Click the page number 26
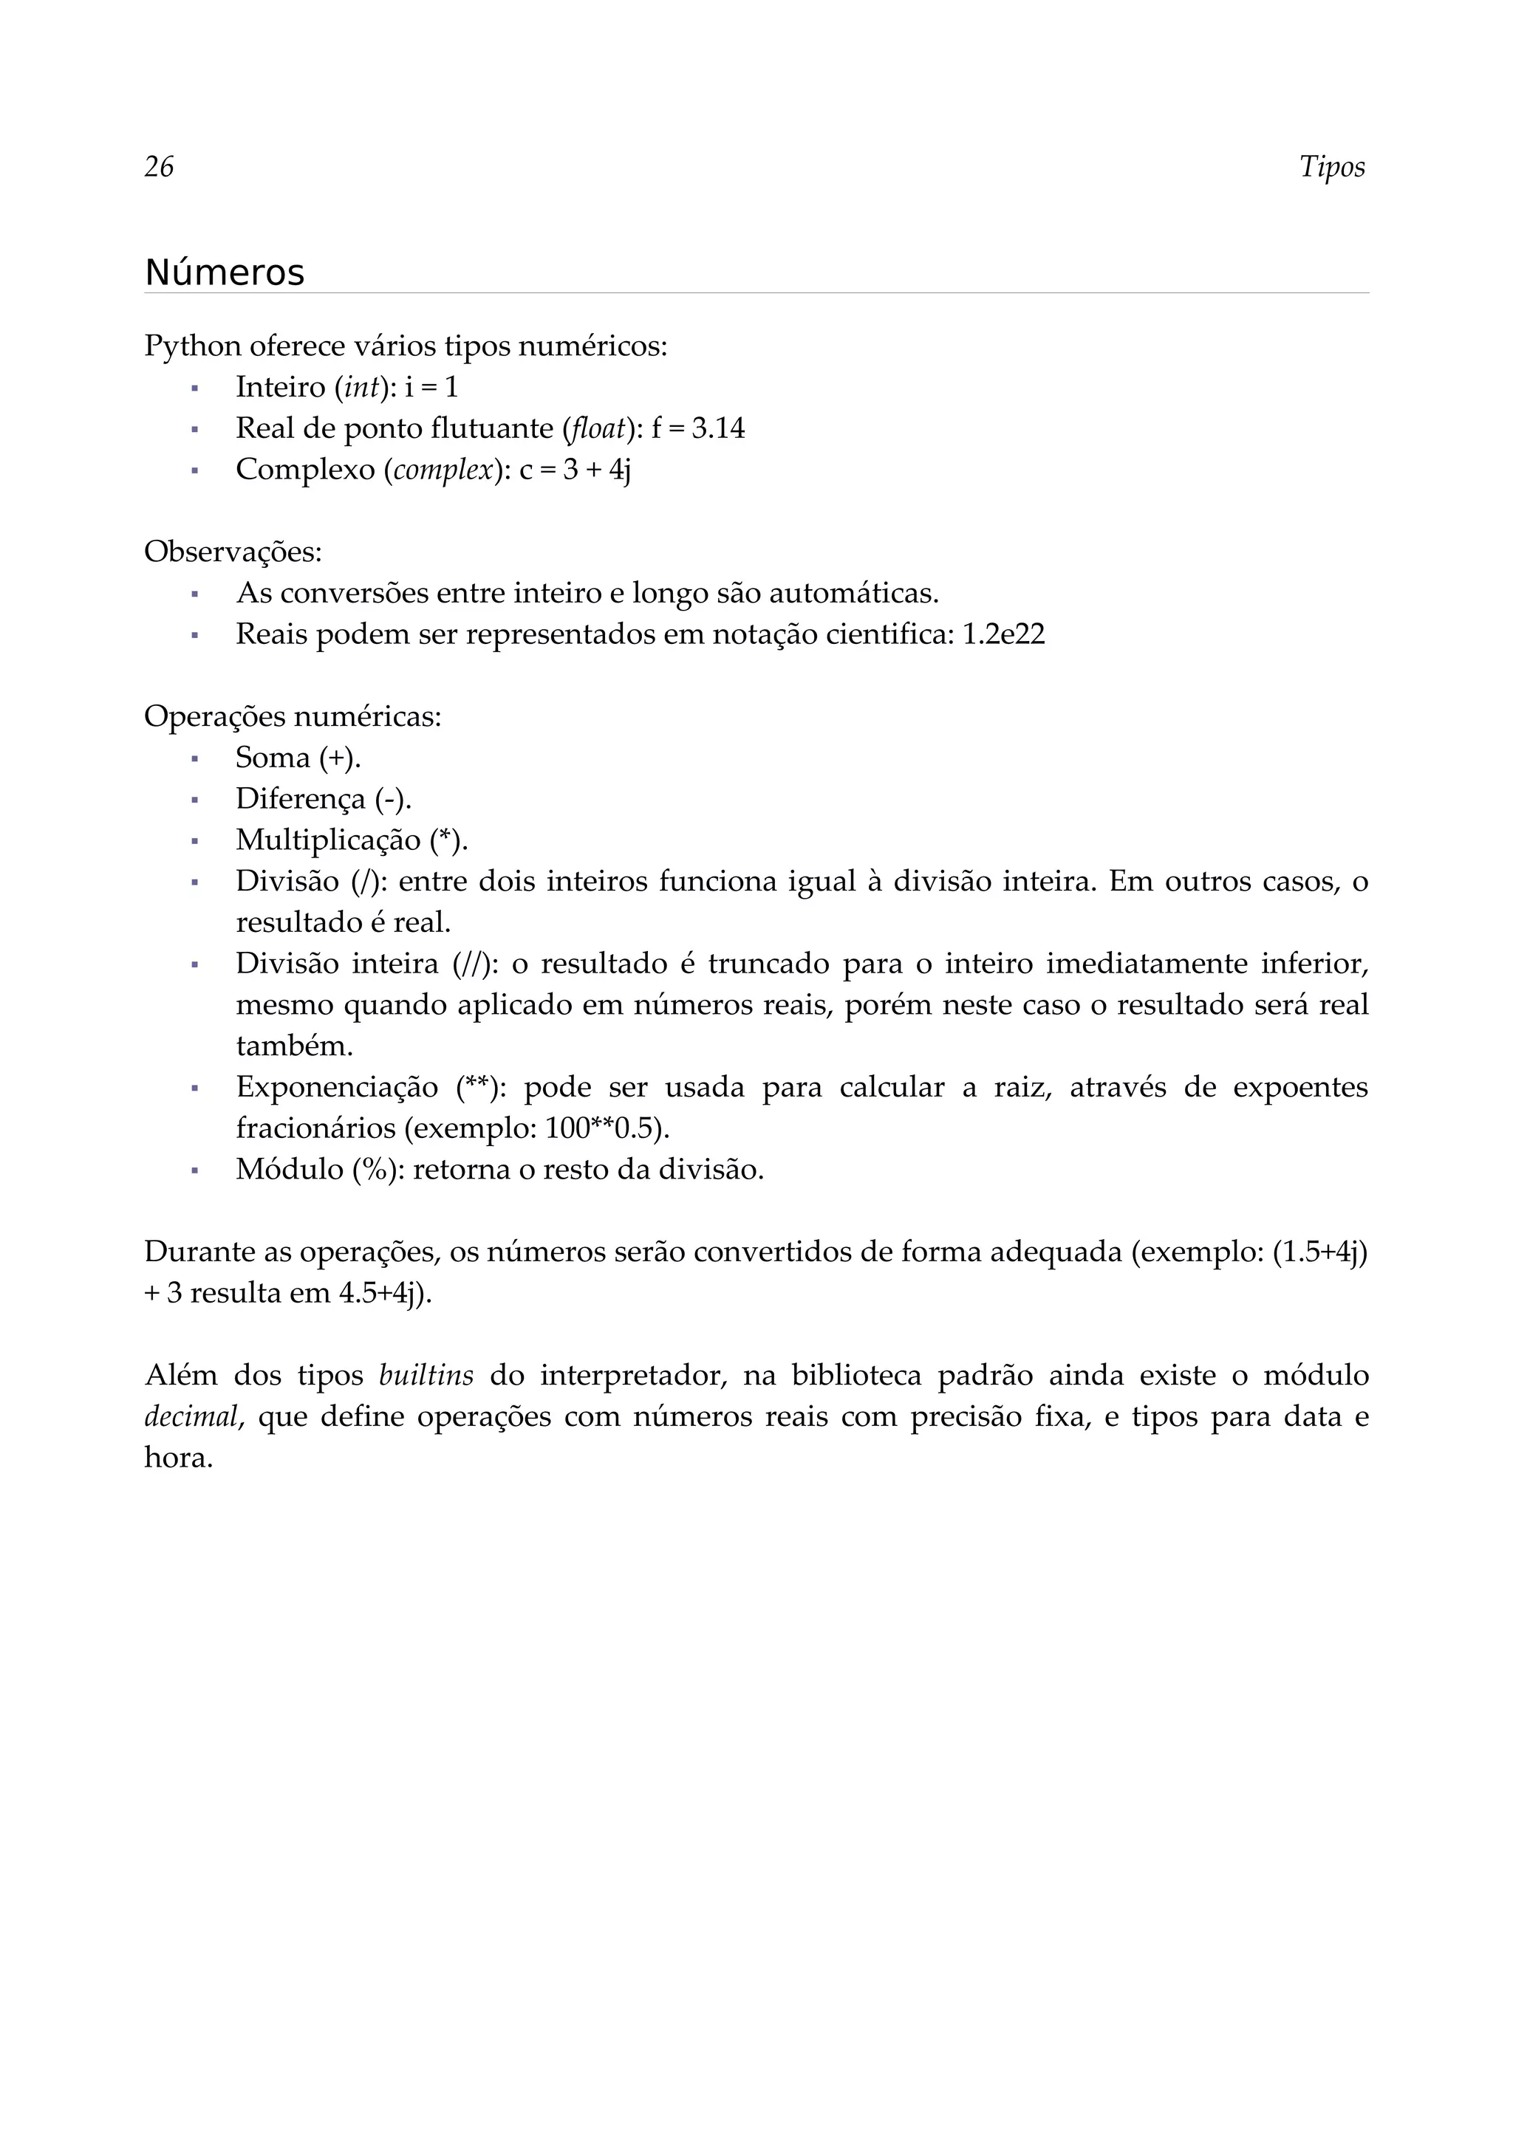tap(159, 167)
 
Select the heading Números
tap(225, 273)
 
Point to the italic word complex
tap(443, 470)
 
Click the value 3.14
tap(718, 429)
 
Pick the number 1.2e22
tap(1003, 635)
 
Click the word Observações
tap(231, 552)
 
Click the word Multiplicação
tap(328, 840)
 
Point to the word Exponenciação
tap(337, 1088)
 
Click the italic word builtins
tap(426, 1376)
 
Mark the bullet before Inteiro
tap(195, 388)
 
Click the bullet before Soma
tap(195, 758)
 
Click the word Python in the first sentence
tap(192, 347)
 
